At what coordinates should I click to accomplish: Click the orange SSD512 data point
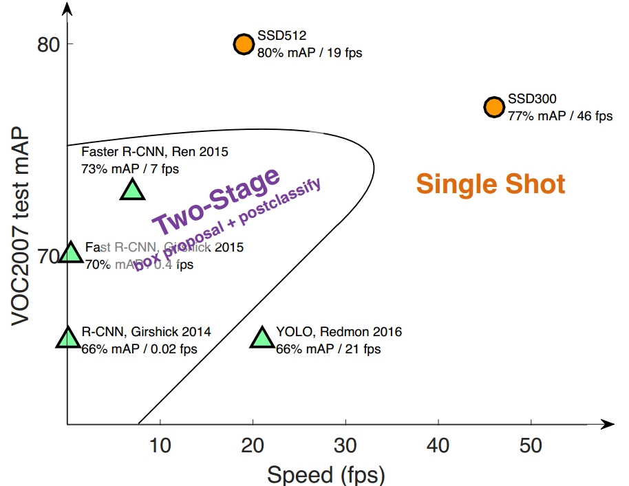(244, 44)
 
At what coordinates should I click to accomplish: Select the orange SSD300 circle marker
(493, 107)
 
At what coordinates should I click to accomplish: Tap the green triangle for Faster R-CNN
(132, 189)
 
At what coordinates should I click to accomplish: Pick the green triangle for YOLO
(262, 338)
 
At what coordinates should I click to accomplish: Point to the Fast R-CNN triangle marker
(71, 253)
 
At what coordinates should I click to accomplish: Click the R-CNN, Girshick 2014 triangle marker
(67, 338)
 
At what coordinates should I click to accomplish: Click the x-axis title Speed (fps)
(326, 474)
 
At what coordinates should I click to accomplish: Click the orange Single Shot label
(491, 184)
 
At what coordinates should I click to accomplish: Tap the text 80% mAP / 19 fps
(310, 52)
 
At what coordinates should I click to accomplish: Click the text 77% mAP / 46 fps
(559, 115)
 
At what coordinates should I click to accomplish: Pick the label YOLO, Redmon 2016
(339, 332)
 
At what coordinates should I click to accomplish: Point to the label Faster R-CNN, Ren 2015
(155, 151)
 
